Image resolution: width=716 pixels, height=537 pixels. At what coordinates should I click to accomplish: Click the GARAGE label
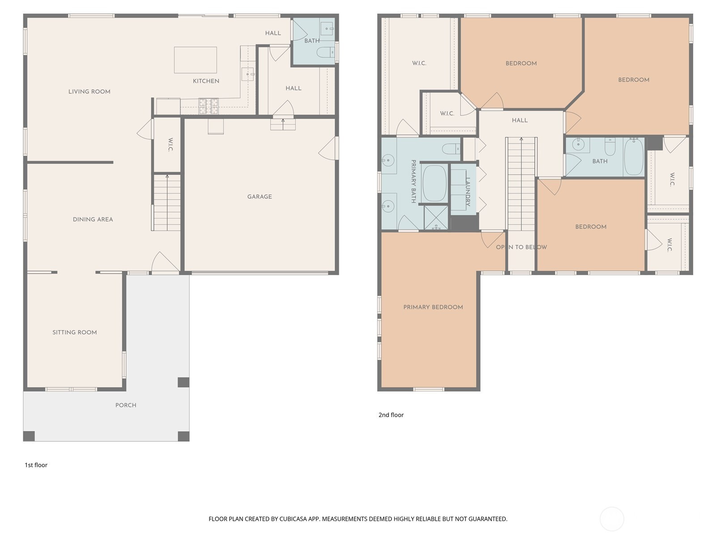pyautogui.click(x=259, y=196)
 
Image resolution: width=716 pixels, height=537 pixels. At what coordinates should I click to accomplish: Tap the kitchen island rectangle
pyautogui.click(x=196, y=60)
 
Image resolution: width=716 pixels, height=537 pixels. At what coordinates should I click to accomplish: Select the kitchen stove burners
pyautogui.click(x=209, y=106)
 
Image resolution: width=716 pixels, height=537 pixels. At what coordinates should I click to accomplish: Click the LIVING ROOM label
pyautogui.click(x=89, y=92)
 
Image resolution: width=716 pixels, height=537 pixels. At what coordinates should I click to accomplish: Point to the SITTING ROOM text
pyautogui.click(x=75, y=332)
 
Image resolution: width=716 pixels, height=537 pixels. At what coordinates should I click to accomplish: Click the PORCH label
pyautogui.click(x=126, y=405)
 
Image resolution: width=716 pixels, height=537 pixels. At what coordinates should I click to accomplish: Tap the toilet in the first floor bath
pyautogui.click(x=325, y=52)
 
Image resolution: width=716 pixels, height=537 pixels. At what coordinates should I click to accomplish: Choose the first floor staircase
pyautogui.click(x=166, y=202)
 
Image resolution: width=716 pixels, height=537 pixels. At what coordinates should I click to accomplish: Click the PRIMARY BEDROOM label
pyautogui.click(x=433, y=307)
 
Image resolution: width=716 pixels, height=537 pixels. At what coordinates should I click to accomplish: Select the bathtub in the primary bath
pyautogui.click(x=435, y=183)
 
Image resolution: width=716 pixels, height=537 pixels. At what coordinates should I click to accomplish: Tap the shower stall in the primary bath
pyautogui.click(x=436, y=217)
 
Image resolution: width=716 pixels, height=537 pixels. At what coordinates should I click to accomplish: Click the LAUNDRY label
pyautogui.click(x=468, y=192)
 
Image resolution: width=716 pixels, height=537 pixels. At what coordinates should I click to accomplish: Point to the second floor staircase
pyautogui.click(x=521, y=184)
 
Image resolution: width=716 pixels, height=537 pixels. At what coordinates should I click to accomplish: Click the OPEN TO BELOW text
pyautogui.click(x=521, y=247)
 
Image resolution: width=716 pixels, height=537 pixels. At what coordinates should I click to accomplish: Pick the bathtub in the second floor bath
pyautogui.click(x=634, y=157)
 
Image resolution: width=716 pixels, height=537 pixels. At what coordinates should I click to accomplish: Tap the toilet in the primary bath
pyautogui.click(x=451, y=149)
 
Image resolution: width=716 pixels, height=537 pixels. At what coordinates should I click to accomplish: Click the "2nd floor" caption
pyautogui.click(x=391, y=415)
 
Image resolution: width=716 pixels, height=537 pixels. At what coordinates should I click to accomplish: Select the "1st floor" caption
pyautogui.click(x=36, y=465)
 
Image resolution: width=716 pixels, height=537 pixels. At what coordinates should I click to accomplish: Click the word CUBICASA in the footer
pyautogui.click(x=292, y=519)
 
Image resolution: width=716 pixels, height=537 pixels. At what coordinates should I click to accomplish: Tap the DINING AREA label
pyautogui.click(x=93, y=219)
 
